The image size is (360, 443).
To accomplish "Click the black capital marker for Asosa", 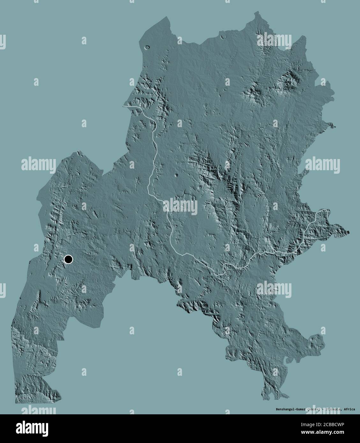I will (x=68, y=259).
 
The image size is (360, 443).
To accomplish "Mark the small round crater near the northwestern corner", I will (x=147, y=47).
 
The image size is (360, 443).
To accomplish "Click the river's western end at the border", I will (x=123, y=106).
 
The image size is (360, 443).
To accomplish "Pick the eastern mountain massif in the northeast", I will (x=290, y=80).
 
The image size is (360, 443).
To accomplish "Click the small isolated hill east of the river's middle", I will (x=176, y=175).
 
